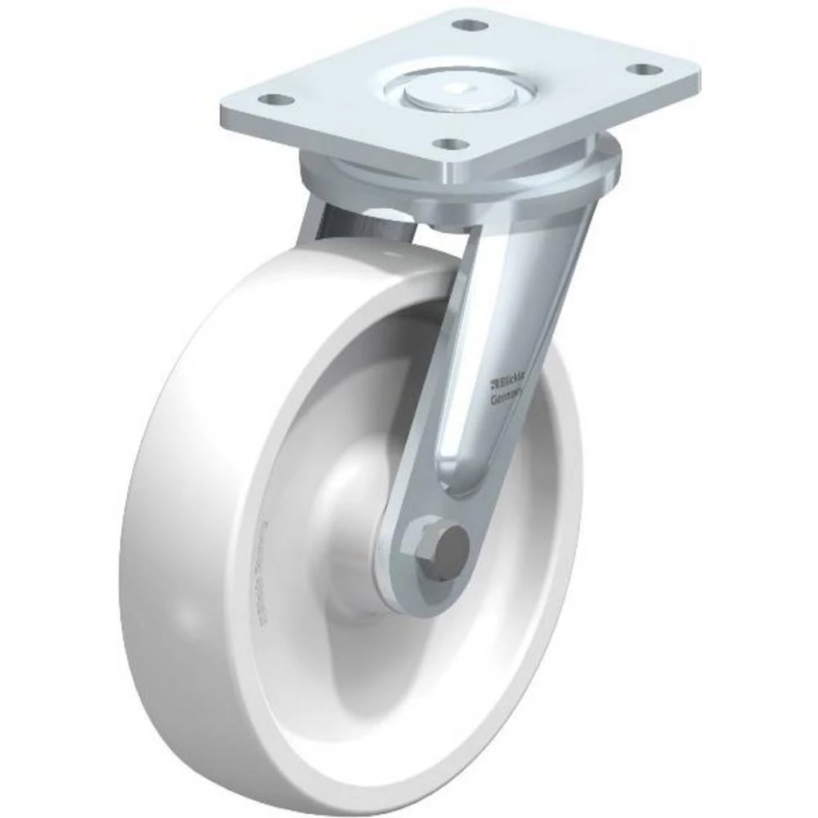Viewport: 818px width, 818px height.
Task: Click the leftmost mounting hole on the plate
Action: point(279,100)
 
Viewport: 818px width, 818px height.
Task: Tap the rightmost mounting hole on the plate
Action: point(646,70)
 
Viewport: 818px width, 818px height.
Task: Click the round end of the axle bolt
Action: point(452,544)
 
